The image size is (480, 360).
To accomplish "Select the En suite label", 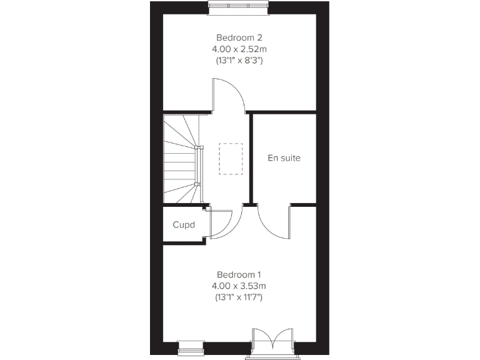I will tap(284, 158).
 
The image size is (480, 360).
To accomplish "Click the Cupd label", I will tap(184, 224).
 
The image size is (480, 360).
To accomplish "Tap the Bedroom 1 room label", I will tap(239, 274).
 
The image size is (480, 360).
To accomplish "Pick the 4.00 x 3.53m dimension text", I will tap(239, 286).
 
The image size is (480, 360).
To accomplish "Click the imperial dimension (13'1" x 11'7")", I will tap(239, 297).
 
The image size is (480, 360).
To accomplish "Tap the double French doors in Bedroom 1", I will tap(272, 343).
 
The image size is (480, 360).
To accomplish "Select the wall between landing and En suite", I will tap(251, 159).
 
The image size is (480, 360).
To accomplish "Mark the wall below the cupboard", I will tap(184, 242).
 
